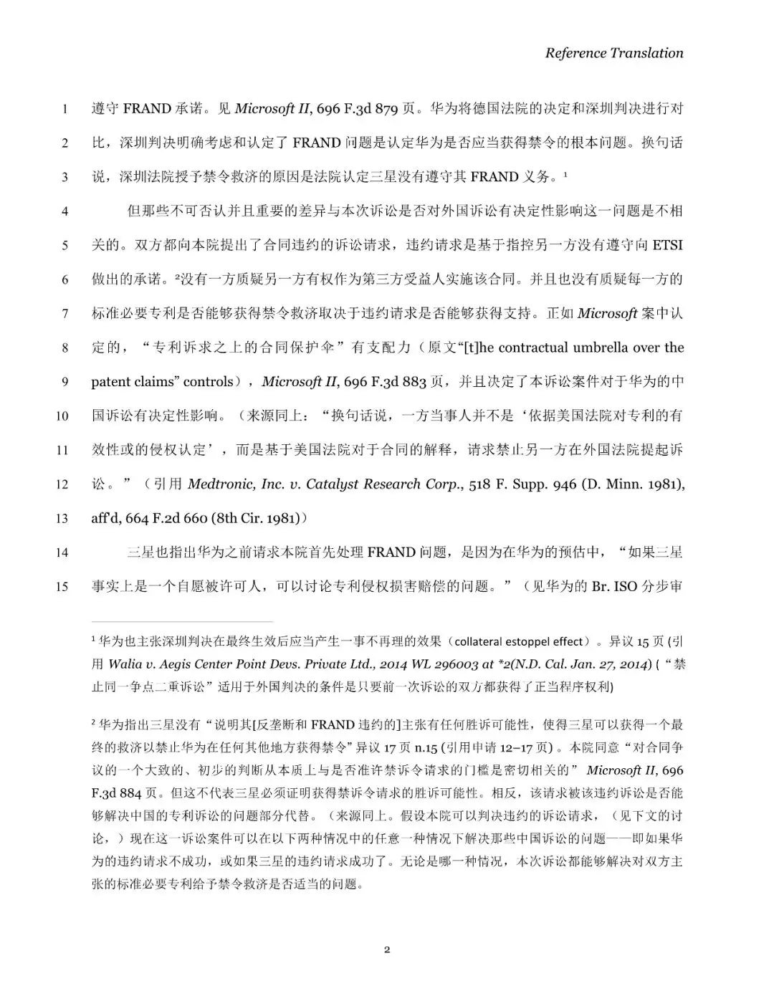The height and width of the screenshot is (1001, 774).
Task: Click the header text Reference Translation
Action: (x=613, y=52)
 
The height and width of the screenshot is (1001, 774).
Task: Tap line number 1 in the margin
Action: (x=64, y=109)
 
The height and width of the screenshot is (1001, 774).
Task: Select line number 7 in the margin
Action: (x=64, y=313)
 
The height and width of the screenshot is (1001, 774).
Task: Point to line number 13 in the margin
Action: (x=62, y=518)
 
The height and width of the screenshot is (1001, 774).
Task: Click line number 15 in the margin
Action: (x=62, y=586)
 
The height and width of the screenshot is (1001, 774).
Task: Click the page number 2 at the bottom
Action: (x=387, y=949)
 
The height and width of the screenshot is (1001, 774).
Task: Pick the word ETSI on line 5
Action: (x=667, y=245)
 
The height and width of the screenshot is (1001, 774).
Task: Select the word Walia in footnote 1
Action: (x=125, y=664)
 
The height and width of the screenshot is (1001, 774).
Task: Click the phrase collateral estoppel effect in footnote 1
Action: (x=519, y=641)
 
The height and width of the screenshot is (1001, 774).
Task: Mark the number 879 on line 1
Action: (x=386, y=109)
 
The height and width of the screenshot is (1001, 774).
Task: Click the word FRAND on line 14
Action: (x=391, y=552)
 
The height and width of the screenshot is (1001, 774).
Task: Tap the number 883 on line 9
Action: (x=414, y=381)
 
